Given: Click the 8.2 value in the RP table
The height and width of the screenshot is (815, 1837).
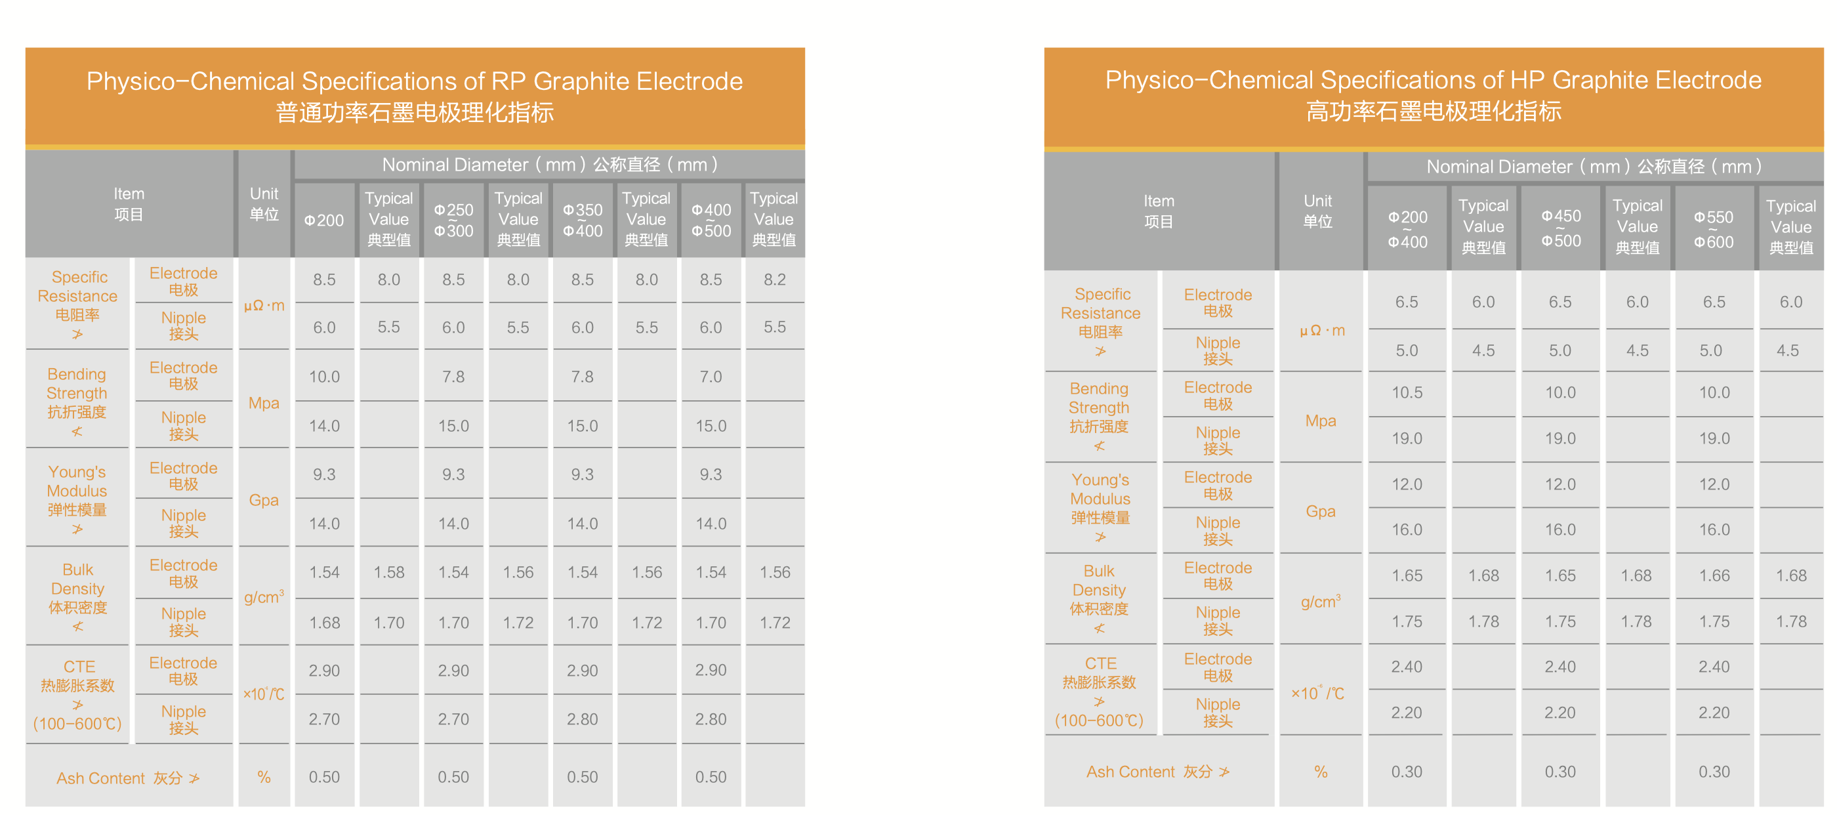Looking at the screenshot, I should click(774, 280).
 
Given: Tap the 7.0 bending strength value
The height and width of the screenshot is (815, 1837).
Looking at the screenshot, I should click(711, 377).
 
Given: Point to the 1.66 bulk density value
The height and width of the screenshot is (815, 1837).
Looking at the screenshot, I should click(1714, 575).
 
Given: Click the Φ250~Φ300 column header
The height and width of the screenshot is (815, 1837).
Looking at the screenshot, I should click(453, 220).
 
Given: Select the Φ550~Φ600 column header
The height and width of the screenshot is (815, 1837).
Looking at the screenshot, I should click(1714, 229).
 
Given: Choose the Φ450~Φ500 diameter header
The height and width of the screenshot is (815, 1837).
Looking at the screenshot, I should click(1560, 228).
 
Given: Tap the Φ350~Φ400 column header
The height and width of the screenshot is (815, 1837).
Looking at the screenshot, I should click(583, 220).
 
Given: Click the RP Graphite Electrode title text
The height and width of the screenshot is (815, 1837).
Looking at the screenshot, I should click(415, 81).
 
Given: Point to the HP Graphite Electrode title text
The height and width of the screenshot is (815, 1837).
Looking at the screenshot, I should click(1433, 80).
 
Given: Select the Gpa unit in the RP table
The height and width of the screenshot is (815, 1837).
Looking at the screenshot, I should click(263, 500).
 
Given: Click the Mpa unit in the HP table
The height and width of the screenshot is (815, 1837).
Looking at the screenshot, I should click(1320, 421).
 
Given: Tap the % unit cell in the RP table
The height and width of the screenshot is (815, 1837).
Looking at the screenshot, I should click(263, 776).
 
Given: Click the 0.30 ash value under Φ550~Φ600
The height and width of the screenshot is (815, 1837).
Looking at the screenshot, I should click(1714, 772).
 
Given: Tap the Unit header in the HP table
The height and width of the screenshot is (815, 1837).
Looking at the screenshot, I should click(1317, 211).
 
